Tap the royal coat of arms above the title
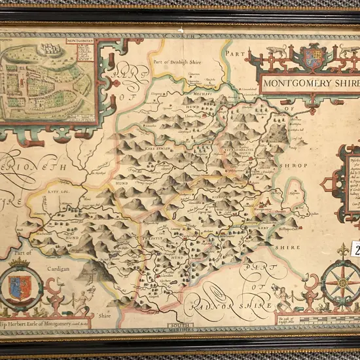(x=312, y=57)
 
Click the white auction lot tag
(x=356, y=249)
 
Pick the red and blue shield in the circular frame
(x=20, y=288)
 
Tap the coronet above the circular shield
(x=20, y=263)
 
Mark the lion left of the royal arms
(x=277, y=50)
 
